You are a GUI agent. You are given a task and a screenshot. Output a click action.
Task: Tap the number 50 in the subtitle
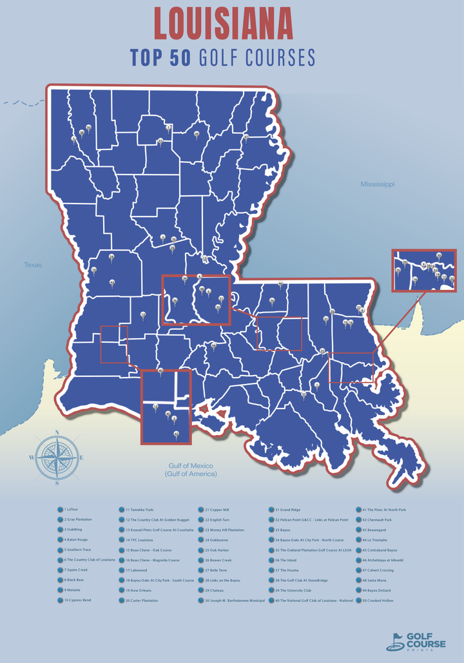(175, 58)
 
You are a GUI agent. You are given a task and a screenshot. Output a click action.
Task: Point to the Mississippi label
(377, 184)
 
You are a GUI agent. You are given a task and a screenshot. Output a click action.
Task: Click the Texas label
(33, 265)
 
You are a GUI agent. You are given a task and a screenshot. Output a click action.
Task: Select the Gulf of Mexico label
(189, 470)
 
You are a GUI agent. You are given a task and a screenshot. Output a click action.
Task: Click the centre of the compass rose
(57, 457)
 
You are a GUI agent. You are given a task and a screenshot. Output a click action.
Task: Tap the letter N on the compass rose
(57, 433)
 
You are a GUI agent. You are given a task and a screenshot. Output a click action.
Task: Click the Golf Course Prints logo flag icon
(394, 641)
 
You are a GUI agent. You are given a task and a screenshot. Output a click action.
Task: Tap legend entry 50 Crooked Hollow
(377, 601)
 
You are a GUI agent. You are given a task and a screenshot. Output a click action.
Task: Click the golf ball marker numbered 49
(197, 133)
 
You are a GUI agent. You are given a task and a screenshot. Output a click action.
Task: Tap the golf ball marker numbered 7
(168, 127)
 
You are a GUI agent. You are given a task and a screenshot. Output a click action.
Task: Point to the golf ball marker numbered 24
(111, 256)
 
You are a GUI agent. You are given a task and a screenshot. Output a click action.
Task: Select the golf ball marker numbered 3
(162, 236)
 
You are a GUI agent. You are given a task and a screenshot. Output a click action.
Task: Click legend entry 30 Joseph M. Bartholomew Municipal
(235, 601)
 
